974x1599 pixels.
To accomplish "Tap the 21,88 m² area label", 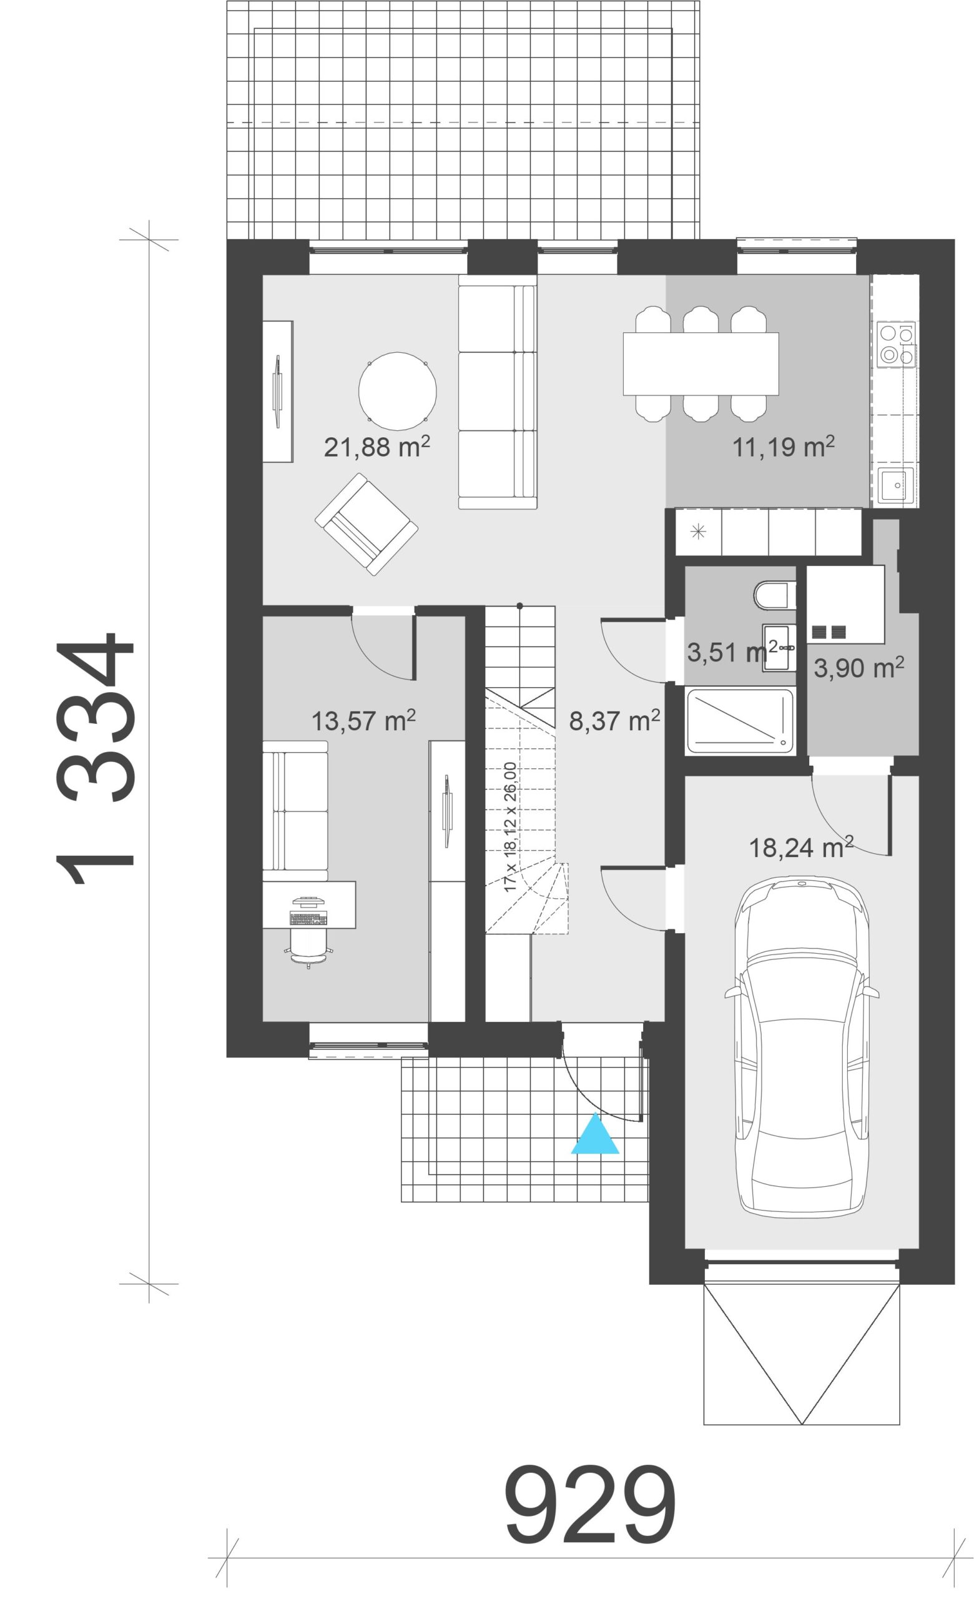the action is point(376,447).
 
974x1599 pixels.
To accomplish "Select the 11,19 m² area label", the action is point(783,447).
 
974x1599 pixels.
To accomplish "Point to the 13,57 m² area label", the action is point(364,720).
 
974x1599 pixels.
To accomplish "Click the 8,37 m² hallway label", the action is point(615,720).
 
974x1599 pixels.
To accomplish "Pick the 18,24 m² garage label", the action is point(801,847).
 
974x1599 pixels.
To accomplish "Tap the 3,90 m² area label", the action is point(858,667).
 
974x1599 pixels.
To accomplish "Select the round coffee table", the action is point(398,391).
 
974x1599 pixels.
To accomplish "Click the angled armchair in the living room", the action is point(366,524).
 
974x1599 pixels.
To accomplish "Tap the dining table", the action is point(701,364).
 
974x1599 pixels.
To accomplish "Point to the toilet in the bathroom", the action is point(775,595).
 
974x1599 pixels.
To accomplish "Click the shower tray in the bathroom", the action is point(740,721).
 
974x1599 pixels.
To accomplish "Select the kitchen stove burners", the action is point(895,344).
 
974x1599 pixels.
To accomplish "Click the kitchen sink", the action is point(896,485).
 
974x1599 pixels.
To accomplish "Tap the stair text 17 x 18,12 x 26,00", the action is point(510,826).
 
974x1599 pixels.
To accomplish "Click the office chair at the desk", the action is point(308,947).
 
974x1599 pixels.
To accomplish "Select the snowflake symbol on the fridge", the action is point(699,532).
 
